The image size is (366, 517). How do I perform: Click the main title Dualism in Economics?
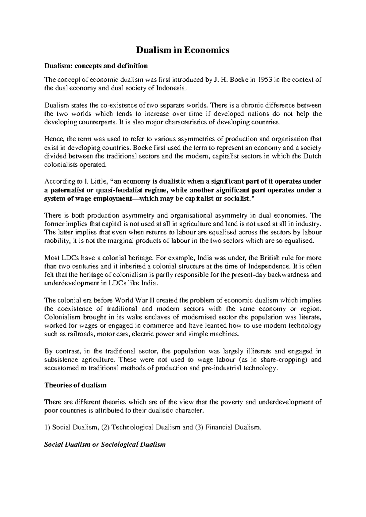pos(182,50)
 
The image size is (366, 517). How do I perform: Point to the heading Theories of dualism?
pos(75,385)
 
